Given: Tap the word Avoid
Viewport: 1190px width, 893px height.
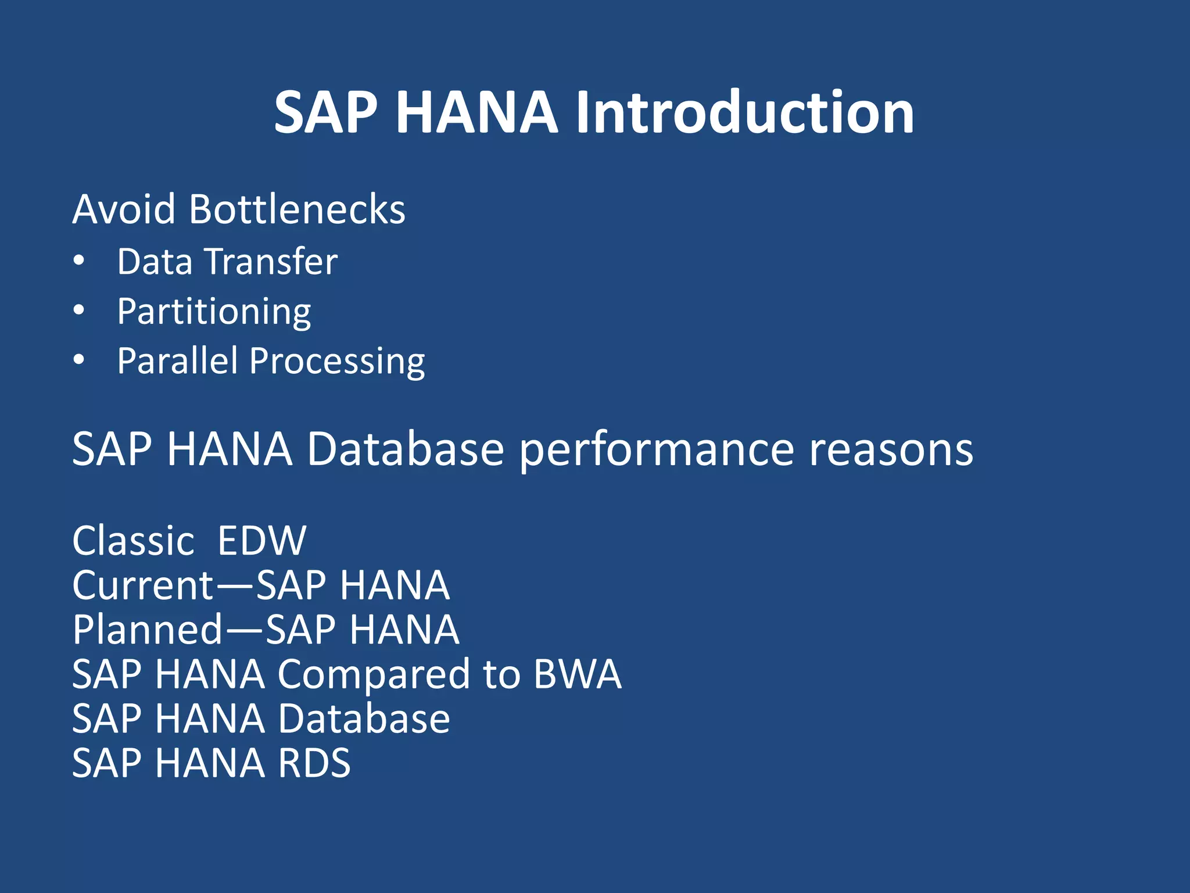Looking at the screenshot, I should click(123, 209).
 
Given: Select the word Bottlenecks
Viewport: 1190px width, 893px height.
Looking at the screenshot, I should click(297, 209).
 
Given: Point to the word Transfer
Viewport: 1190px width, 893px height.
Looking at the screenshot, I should click(271, 262).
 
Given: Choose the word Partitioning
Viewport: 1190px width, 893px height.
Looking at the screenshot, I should click(214, 312).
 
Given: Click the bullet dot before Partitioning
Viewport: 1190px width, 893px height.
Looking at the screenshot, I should click(79, 310).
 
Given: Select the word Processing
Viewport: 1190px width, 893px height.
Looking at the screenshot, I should click(337, 362).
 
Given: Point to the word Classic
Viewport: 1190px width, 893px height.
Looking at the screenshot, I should click(133, 541).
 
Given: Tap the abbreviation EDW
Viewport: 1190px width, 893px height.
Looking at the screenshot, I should click(261, 541).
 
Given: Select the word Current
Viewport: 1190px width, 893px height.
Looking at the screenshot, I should click(143, 585).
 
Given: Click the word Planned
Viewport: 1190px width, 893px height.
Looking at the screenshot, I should click(148, 630).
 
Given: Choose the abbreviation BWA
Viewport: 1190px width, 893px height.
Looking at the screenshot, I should click(578, 674).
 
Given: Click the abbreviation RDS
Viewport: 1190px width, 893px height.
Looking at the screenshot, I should click(314, 763).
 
